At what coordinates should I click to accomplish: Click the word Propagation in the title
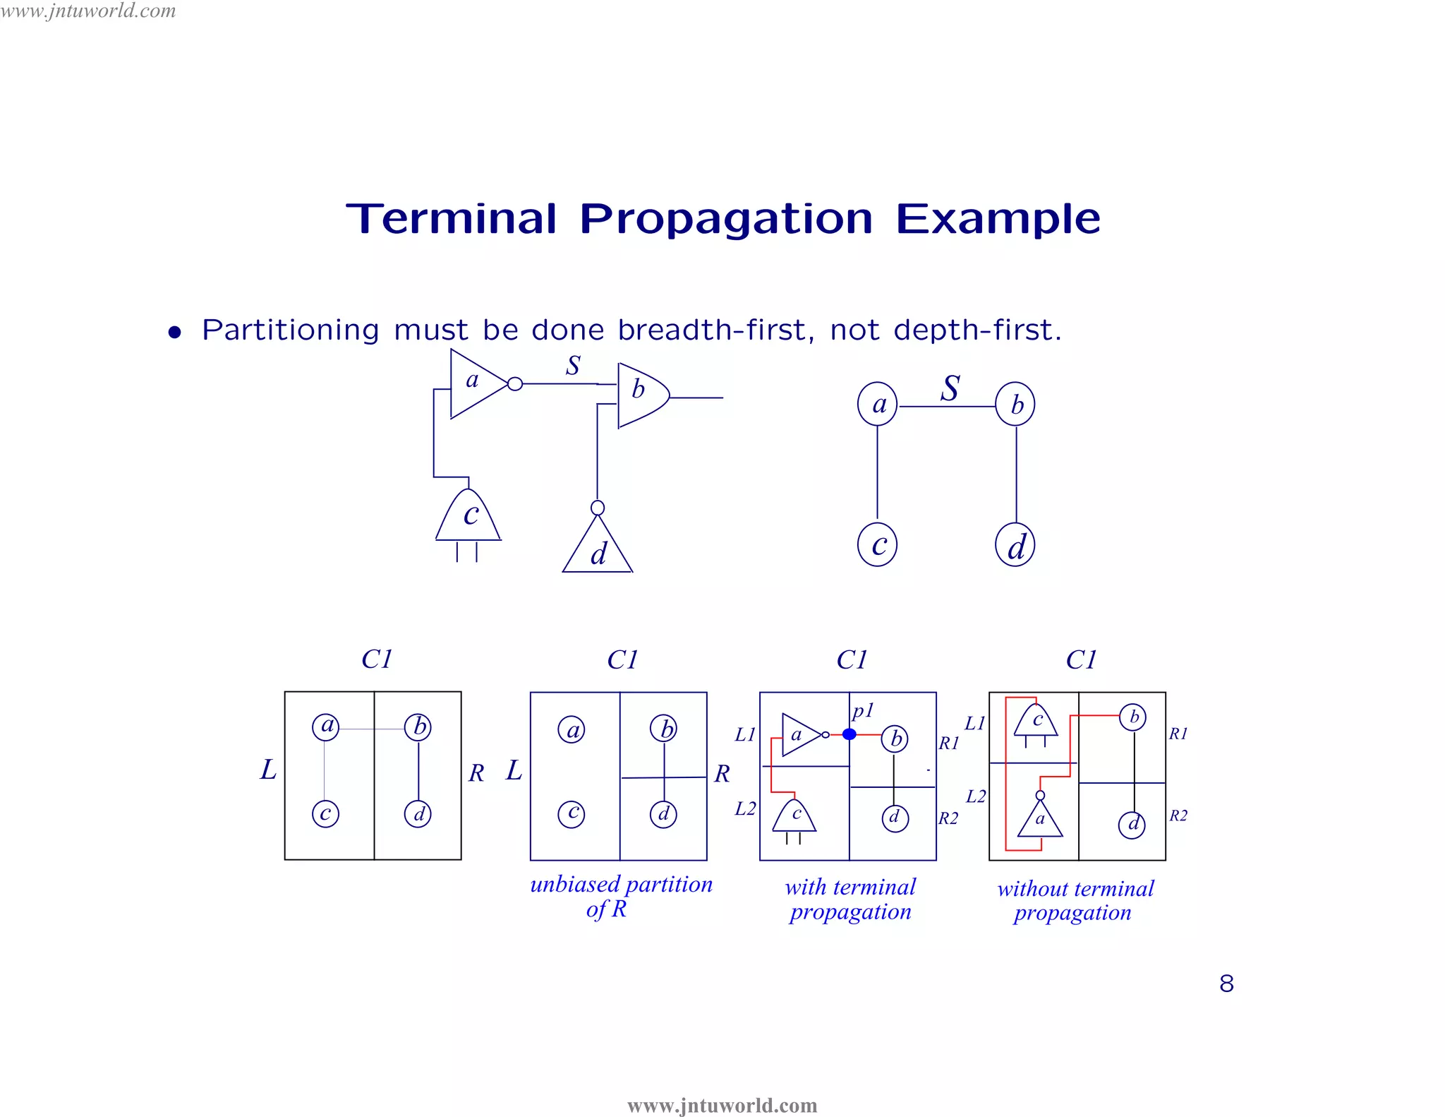pos(726,220)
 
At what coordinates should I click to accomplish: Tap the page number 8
pos(1226,984)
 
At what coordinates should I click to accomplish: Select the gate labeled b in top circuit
pos(641,395)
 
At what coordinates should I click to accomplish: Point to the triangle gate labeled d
pos(598,549)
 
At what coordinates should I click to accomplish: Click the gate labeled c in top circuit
pos(468,516)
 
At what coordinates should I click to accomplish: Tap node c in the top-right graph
pos(877,545)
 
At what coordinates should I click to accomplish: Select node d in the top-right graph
pos(1015,546)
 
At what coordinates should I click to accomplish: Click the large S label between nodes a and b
pos(950,388)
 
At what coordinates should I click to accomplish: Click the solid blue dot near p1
pos(850,734)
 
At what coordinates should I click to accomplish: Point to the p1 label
pos(863,710)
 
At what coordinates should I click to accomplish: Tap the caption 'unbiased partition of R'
pos(620,896)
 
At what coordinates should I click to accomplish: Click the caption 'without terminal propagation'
pos(1075,900)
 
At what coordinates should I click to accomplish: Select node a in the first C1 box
pos(326,727)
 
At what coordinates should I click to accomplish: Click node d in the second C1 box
pos(663,814)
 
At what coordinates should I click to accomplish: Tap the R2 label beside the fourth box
pos(1178,816)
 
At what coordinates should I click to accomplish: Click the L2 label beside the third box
pos(745,808)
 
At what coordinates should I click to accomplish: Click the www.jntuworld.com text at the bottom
pos(722,1105)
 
